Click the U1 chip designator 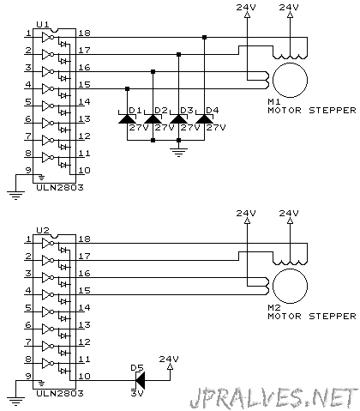click(x=43, y=25)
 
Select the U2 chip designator click(x=43, y=231)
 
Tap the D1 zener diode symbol click(x=128, y=119)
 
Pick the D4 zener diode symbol click(x=205, y=119)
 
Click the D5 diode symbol click(x=141, y=380)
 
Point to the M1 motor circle click(x=290, y=80)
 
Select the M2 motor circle click(x=290, y=286)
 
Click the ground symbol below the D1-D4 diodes click(x=178, y=152)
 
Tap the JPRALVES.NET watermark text click(x=273, y=398)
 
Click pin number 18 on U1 click(x=84, y=33)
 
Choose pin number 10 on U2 click(x=84, y=376)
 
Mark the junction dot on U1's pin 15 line click(x=128, y=88)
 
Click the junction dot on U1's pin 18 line click(x=205, y=37)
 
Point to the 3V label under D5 click(x=137, y=393)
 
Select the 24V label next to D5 click(x=169, y=359)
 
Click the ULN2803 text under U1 click(x=60, y=187)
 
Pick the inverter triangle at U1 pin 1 click(x=46, y=38)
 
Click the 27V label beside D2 click(x=165, y=127)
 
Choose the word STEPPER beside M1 click(x=333, y=110)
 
